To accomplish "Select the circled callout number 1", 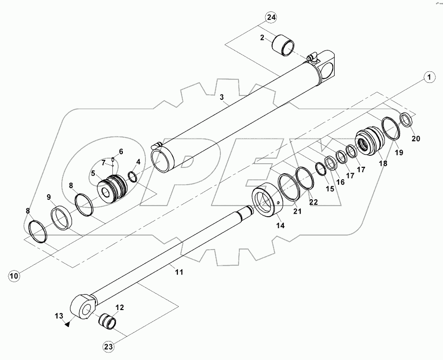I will (x=428, y=77).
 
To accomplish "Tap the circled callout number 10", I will (x=14, y=275).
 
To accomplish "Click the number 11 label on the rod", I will (x=178, y=272).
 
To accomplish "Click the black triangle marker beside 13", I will (x=66, y=323).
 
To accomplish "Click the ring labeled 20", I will (x=408, y=120).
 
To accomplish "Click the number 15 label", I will (x=329, y=189).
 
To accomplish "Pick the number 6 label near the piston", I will (x=120, y=152).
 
